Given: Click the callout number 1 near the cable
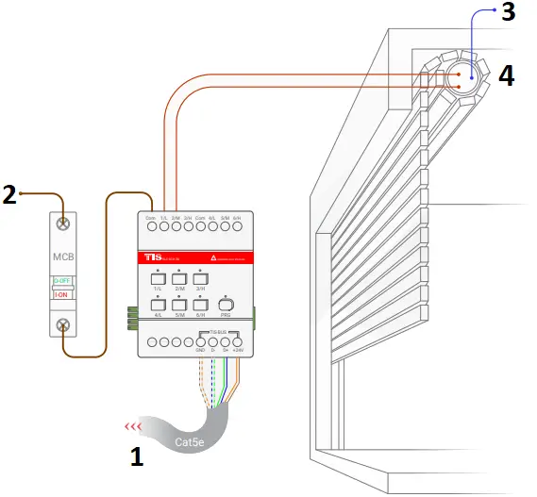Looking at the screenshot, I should tap(137, 457).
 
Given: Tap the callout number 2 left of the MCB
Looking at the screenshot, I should tap(9, 195).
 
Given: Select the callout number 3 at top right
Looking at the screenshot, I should tap(508, 13).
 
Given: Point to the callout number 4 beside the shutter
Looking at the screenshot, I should tap(507, 75).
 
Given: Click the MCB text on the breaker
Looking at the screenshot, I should tap(62, 257).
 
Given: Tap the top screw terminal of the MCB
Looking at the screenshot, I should tap(62, 224).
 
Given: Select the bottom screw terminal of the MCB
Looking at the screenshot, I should tap(62, 325).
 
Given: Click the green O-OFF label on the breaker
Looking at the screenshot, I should tap(62, 280).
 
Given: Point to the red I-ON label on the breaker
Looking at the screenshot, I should tap(62, 293).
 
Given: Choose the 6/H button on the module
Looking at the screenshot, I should tap(200, 304).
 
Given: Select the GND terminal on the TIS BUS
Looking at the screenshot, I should tap(200, 341).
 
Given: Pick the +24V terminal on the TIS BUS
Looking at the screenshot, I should tap(237, 341).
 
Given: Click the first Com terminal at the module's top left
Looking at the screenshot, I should tap(151, 227).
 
